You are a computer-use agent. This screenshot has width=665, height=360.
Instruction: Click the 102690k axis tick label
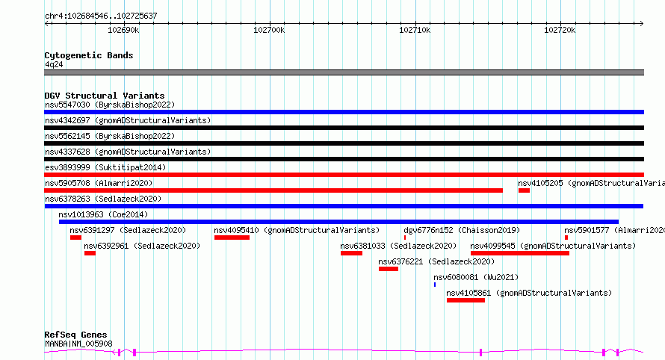pyautogui.click(x=123, y=30)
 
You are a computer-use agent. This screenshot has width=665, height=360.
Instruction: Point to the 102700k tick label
pyautogui.click(x=269, y=30)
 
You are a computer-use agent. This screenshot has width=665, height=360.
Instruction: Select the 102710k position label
pyautogui.click(x=415, y=30)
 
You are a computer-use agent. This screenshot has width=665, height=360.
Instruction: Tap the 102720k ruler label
pyautogui.click(x=560, y=30)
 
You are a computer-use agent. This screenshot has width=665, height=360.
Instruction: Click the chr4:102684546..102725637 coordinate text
pyautogui.click(x=101, y=16)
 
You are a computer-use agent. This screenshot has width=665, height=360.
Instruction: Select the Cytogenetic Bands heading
pyautogui.click(x=89, y=55)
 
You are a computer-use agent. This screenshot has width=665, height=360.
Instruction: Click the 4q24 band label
pyautogui.click(x=54, y=64)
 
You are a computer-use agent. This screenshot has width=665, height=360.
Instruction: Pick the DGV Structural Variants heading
pyautogui.click(x=105, y=96)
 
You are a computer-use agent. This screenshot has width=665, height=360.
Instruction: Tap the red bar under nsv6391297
pyautogui.click(x=76, y=238)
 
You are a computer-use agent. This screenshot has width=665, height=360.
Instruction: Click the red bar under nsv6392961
pyautogui.click(x=90, y=253)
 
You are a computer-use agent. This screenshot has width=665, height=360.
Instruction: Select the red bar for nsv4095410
pyautogui.click(x=232, y=238)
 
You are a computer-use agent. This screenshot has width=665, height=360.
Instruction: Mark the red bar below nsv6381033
pyautogui.click(x=352, y=253)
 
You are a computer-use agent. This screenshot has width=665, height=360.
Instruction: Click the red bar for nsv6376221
pyautogui.click(x=389, y=269)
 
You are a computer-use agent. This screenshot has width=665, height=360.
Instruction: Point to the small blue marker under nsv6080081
pyautogui.click(x=435, y=285)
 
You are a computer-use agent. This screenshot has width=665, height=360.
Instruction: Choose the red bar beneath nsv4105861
pyautogui.click(x=466, y=300)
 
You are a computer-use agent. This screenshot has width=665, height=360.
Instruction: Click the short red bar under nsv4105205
pyautogui.click(x=525, y=190)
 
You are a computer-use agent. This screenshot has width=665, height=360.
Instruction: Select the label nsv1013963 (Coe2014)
pyautogui.click(x=103, y=214)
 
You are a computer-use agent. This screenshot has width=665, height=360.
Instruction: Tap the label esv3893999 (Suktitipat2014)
pyautogui.click(x=105, y=167)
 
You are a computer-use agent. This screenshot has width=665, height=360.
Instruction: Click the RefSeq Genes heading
pyautogui.click(x=75, y=335)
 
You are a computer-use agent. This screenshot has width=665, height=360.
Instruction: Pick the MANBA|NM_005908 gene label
pyautogui.click(x=78, y=344)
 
